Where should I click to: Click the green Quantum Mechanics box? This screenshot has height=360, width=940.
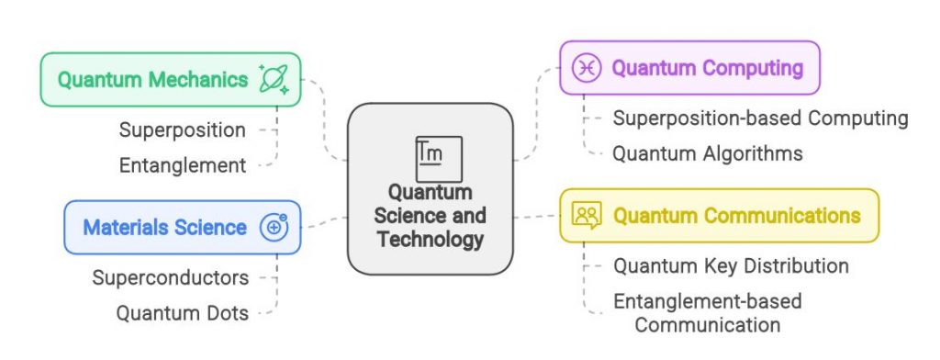pyautogui.click(x=170, y=80)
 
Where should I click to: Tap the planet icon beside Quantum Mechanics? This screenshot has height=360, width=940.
pyautogui.click(x=274, y=79)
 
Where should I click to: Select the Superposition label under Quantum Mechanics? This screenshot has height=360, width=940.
pyautogui.click(x=183, y=129)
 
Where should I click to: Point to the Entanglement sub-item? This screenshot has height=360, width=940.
pyautogui.click(x=183, y=165)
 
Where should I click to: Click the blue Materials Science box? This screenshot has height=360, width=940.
pyautogui.click(x=182, y=227)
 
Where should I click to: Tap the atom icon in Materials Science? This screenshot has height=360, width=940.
pyautogui.click(x=274, y=227)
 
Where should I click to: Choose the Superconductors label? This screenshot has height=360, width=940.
pyautogui.click(x=171, y=277)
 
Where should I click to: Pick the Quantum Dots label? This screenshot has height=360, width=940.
pyautogui.click(x=182, y=313)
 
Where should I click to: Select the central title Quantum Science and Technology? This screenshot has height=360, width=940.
pyautogui.click(x=430, y=217)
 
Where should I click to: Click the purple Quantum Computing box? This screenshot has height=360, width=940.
pyautogui.click(x=688, y=68)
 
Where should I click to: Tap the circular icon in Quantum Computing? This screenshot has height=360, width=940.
pyautogui.click(x=586, y=68)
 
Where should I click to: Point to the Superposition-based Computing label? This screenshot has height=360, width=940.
pyautogui.click(x=760, y=118)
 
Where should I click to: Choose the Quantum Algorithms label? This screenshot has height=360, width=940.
pyautogui.click(x=707, y=153)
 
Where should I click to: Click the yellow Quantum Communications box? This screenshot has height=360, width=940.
pyautogui.click(x=719, y=216)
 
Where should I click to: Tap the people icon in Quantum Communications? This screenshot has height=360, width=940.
pyautogui.click(x=586, y=216)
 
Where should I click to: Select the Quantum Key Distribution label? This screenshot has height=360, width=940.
pyautogui.click(x=731, y=266)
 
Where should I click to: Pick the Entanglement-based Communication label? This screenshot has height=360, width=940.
pyautogui.click(x=707, y=312)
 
